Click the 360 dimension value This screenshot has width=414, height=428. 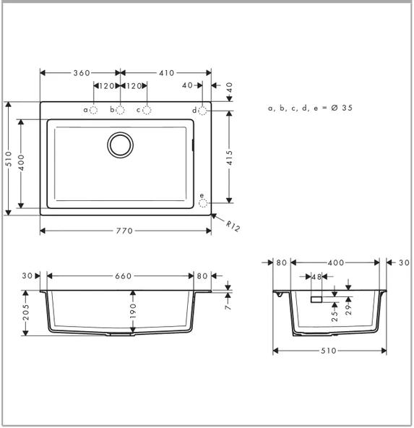[x=80, y=73]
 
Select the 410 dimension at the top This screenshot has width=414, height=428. [x=166, y=73]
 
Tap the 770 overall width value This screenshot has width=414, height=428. [x=125, y=231]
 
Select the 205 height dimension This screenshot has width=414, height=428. [x=26, y=312]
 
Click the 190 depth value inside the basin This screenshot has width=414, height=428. [x=133, y=310]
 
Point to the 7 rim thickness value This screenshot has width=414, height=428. [x=228, y=307]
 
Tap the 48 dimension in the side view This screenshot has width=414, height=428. [x=316, y=276]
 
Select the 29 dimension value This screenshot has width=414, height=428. [x=349, y=309]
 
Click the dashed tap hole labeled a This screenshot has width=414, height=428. [x=94, y=110]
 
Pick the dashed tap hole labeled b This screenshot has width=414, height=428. [x=121, y=110]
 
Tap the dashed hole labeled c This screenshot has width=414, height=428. [x=147, y=110]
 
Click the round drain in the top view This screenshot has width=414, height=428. [x=120, y=145]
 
